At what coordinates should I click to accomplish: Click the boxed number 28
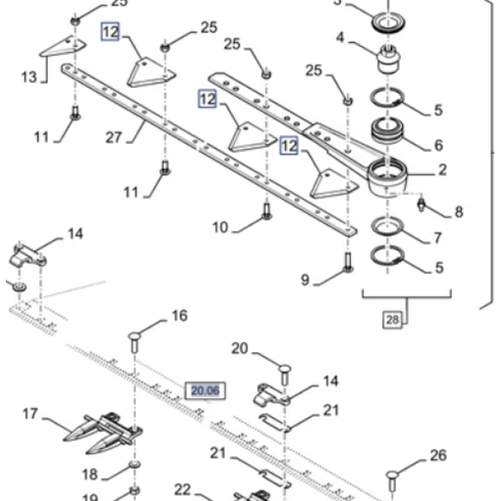(392, 319)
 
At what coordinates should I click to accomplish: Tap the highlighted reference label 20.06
(205, 390)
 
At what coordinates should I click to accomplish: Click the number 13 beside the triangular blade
(28, 78)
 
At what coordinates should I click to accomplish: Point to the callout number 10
(220, 226)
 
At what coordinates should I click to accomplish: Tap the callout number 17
(30, 413)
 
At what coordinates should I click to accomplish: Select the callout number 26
(438, 456)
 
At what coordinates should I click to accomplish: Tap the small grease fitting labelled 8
(423, 203)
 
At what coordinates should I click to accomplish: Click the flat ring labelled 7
(385, 227)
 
